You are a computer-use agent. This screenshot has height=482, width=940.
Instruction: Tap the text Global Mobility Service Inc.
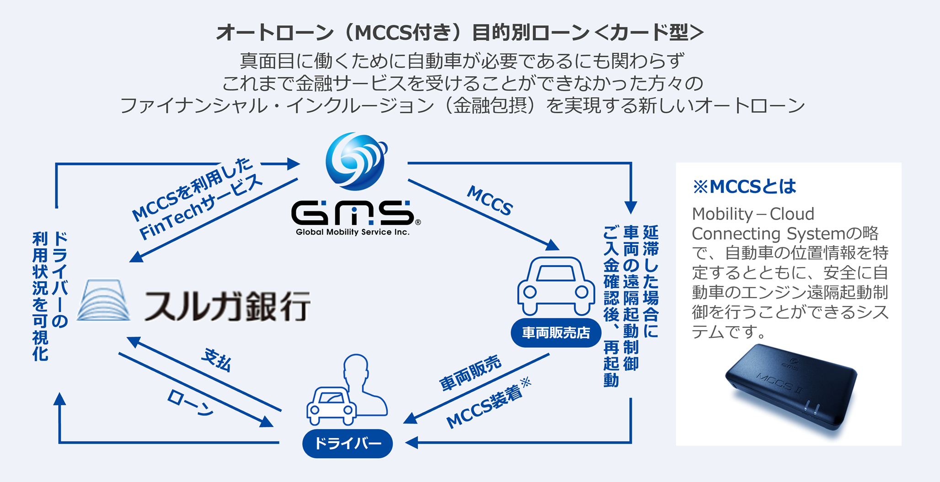click(352, 232)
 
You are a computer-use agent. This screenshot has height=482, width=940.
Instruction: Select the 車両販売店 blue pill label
click(556, 333)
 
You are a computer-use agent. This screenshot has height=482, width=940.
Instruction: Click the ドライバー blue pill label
click(347, 444)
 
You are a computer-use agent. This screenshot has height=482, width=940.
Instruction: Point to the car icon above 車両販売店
click(556, 286)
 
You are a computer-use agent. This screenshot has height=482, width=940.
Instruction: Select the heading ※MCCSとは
click(744, 187)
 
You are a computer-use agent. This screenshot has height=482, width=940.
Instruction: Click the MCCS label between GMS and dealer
click(490, 200)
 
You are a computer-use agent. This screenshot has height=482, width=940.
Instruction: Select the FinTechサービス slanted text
click(201, 208)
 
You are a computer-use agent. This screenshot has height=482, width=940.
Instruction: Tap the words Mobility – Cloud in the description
click(753, 214)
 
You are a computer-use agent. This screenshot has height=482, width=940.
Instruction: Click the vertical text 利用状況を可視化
click(40, 296)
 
